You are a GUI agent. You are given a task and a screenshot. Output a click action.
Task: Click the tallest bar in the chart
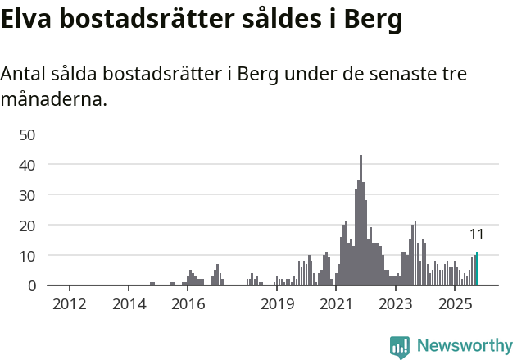(361, 221)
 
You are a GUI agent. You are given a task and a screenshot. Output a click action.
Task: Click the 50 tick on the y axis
(28, 134)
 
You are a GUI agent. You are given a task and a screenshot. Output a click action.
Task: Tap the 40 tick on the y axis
(28, 165)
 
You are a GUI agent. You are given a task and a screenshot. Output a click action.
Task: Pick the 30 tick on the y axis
(28, 195)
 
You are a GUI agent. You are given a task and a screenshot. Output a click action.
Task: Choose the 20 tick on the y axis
(28, 226)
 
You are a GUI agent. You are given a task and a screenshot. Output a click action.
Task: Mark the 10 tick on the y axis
(28, 256)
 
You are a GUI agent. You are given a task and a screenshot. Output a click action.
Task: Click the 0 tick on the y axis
(32, 286)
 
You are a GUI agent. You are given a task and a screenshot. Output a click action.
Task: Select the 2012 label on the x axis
(70, 305)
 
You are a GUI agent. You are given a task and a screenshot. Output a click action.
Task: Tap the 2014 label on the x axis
(129, 305)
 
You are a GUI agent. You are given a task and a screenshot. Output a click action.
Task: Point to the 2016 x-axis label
(188, 305)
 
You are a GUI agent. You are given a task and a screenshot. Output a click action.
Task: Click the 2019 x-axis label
(278, 305)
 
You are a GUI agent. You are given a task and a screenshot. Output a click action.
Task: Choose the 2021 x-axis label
(337, 305)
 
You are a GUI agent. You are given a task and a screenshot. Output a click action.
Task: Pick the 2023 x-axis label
(396, 305)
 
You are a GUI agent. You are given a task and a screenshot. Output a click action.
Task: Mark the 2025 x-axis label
(456, 305)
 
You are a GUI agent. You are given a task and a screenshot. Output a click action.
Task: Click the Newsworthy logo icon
(400, 347)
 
